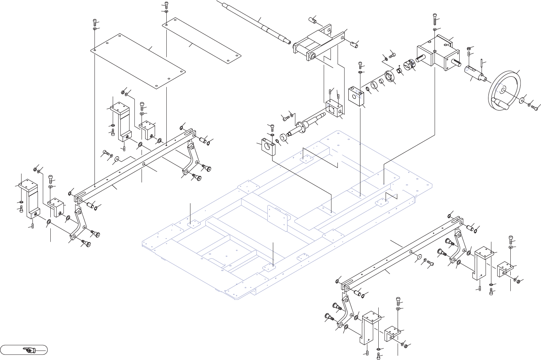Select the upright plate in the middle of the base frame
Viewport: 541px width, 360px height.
coord(277,216)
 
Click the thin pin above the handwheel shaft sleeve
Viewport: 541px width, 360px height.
coord(482,65)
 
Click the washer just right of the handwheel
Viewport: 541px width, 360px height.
coord(523,99)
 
